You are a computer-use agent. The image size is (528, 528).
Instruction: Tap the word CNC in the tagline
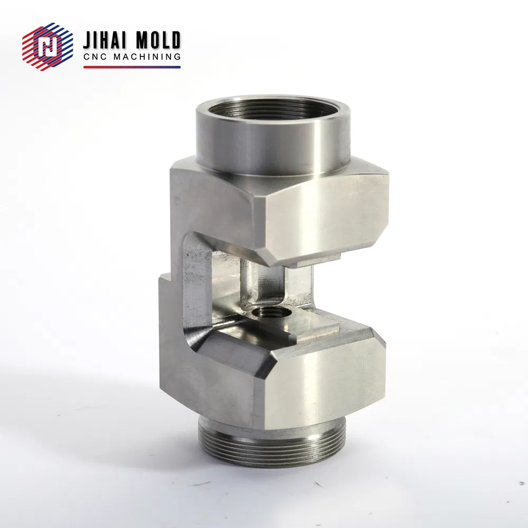(95, 56)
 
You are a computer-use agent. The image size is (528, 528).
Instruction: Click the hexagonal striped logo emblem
(48, 46)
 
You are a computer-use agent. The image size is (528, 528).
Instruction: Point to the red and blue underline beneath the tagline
(131, 67)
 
